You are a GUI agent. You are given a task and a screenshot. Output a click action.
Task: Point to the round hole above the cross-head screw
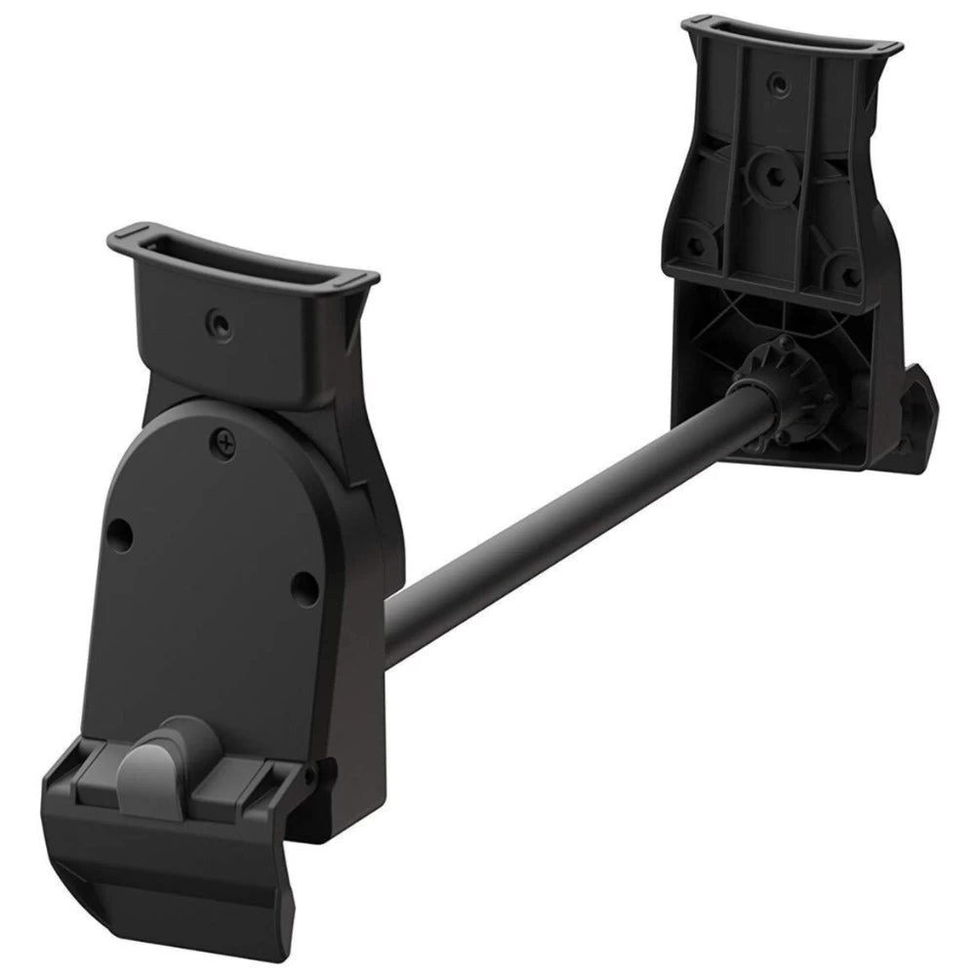[217, 321]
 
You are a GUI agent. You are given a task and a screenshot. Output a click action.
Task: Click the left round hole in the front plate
[120, 532]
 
